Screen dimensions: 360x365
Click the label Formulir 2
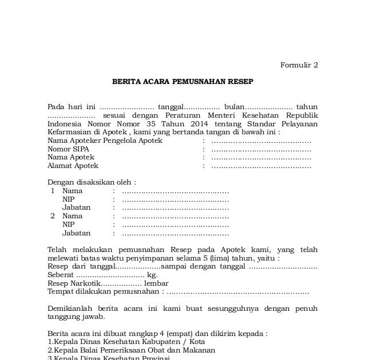pos(299,65)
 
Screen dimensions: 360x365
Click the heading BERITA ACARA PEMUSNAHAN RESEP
pos(182,82)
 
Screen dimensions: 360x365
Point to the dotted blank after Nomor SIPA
pos(261,149)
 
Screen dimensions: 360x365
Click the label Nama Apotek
pos(71,157)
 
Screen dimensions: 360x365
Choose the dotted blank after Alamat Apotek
pos(261,166)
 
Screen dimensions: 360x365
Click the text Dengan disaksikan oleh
pos(92,183)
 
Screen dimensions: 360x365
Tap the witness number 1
pos(53,191)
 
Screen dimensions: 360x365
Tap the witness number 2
pos(53,216)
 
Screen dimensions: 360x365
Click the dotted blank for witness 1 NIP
pos(175,199)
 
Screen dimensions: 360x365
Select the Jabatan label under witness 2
pos(77,233)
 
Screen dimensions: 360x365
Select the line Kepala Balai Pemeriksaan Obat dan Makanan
pos(133,350)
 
